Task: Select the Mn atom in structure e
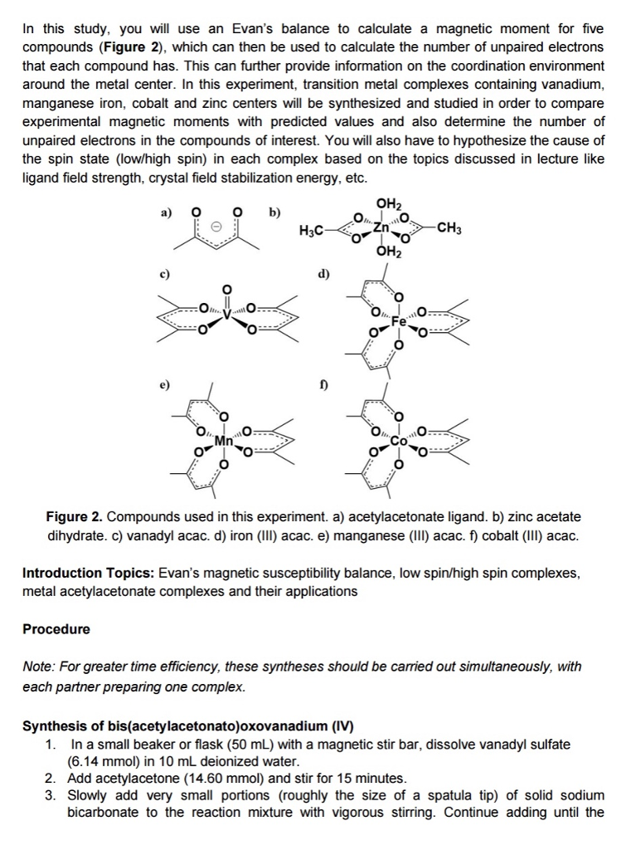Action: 223,440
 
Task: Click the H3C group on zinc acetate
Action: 311,230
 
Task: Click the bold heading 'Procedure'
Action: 56,628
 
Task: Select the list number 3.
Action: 50,795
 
